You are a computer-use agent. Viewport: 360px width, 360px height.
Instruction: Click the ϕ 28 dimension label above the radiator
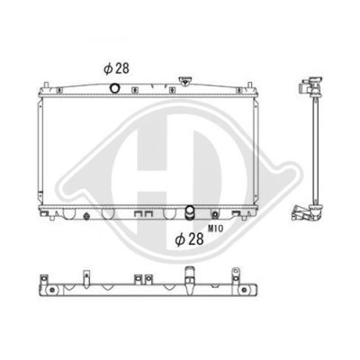(116, 68)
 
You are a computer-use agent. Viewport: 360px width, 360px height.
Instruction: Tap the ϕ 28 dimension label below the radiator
(190, 239)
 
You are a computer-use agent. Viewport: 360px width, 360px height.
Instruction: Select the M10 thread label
(215, 229)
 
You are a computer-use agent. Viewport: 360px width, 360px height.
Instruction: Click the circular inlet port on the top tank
(115, 88)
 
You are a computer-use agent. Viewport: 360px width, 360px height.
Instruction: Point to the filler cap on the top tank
(184, 81)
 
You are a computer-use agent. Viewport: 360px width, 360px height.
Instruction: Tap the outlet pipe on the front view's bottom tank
(190, 212)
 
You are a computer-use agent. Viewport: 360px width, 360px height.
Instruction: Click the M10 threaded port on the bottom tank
(215, 214)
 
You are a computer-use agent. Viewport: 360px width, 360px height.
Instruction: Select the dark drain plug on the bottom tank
(86, 216)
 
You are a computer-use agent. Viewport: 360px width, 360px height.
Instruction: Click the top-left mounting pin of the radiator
(46, 85)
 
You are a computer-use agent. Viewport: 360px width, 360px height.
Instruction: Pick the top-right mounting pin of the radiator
(249, 85)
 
